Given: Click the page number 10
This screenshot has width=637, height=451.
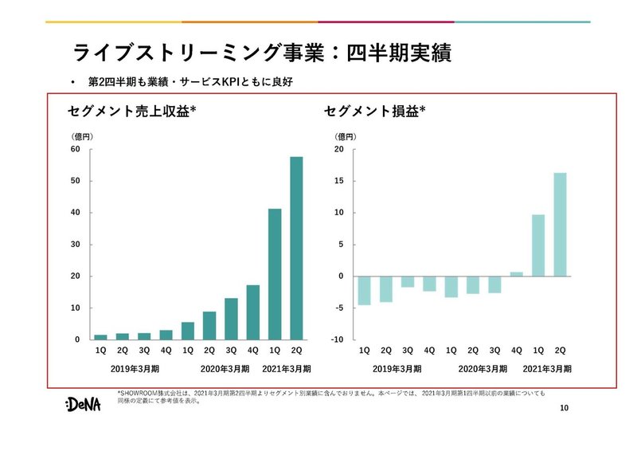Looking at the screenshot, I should pos(565,409).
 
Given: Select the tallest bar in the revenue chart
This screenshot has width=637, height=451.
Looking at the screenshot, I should pos(296,248).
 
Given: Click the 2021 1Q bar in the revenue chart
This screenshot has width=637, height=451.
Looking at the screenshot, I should pos(275,274).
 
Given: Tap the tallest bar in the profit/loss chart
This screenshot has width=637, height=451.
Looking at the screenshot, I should pos(560,224).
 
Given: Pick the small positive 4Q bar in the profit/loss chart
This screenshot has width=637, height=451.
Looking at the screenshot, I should pos(516,274).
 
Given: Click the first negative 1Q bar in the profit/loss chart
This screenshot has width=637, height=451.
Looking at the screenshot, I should pos(364,290).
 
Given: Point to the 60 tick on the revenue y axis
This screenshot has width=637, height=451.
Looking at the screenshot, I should pos(76,149).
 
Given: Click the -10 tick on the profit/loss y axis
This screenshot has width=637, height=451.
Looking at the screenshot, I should pos(338,340).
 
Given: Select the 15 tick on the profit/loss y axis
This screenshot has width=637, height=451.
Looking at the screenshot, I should pos(338,181).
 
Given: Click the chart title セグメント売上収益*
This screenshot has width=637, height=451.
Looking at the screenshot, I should pos(133,112).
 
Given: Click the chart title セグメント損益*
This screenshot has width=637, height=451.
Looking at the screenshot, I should pos(374,112).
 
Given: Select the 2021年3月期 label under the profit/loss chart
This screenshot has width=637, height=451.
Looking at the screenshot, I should pos(547,369).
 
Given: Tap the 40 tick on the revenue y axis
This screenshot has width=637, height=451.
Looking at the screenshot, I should pos(76,213).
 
